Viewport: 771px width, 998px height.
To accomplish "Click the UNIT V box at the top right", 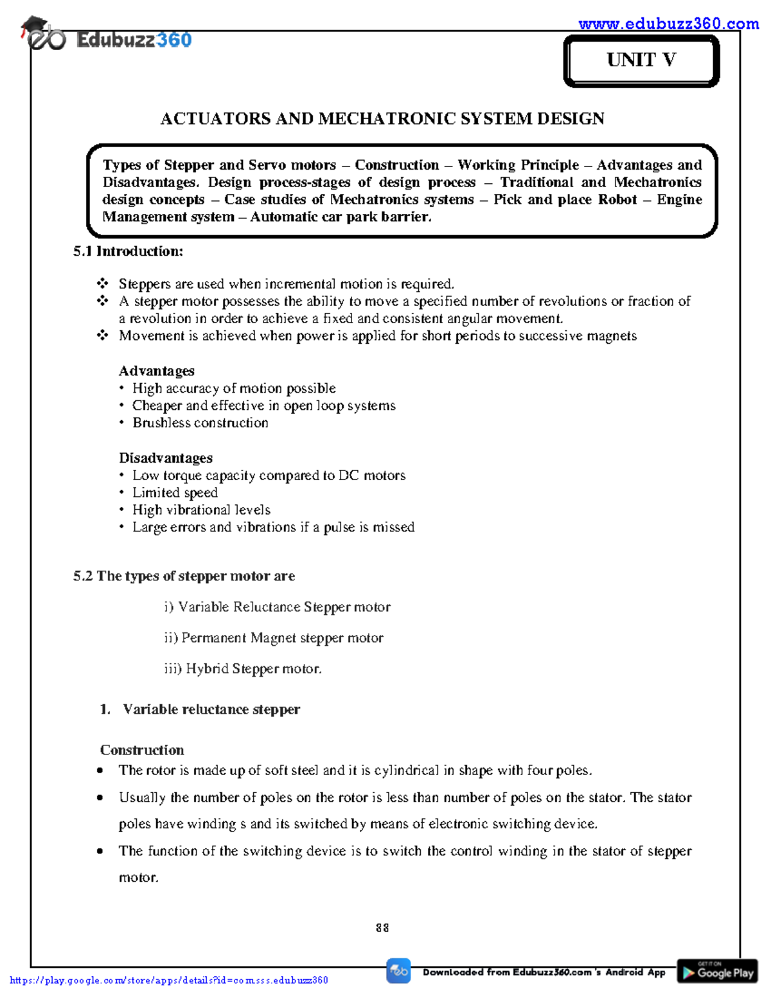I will [641, 60].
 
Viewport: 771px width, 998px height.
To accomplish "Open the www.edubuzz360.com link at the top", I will [668, 24].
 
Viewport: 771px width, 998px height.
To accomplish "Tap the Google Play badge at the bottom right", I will [717, 971].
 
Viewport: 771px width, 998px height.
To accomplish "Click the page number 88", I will [382, 927].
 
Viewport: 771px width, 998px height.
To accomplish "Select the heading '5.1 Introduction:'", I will [128, 251].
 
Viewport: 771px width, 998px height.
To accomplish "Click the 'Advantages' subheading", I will [156, 371].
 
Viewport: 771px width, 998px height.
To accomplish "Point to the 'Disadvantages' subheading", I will [165, 458].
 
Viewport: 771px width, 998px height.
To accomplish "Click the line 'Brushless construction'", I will [200, 423].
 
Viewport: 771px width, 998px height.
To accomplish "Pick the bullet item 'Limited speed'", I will [175, 493].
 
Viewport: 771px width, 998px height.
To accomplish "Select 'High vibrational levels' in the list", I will [201, 510].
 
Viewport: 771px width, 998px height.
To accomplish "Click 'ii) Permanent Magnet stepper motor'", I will [274, 637].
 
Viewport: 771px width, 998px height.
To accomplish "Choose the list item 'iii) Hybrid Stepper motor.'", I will [243, 668].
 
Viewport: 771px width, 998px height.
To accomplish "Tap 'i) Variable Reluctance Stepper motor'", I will [277, 607].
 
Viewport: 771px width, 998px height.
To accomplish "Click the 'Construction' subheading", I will [142, 750].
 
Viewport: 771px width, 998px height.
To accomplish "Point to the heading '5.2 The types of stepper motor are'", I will [184, 576].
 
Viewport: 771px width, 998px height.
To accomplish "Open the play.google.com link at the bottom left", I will [169, 980].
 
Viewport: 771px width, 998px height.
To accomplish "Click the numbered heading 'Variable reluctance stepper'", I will [211, 709].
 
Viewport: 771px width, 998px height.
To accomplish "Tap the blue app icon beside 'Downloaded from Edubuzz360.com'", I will [398, 971].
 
